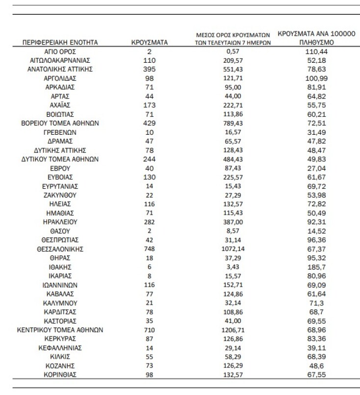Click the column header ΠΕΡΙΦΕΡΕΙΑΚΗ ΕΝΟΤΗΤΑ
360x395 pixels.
click(60, 43)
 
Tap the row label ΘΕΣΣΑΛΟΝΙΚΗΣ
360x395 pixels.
click(60, 249)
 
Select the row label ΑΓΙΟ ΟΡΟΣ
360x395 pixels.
click(60, 51)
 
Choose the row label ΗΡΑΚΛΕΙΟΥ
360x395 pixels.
click(60, 222)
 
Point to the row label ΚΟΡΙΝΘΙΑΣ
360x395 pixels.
click(60, 375)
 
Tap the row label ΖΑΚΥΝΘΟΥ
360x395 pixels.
click(60, 195)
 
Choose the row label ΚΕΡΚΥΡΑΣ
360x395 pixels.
click(60, 339)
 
